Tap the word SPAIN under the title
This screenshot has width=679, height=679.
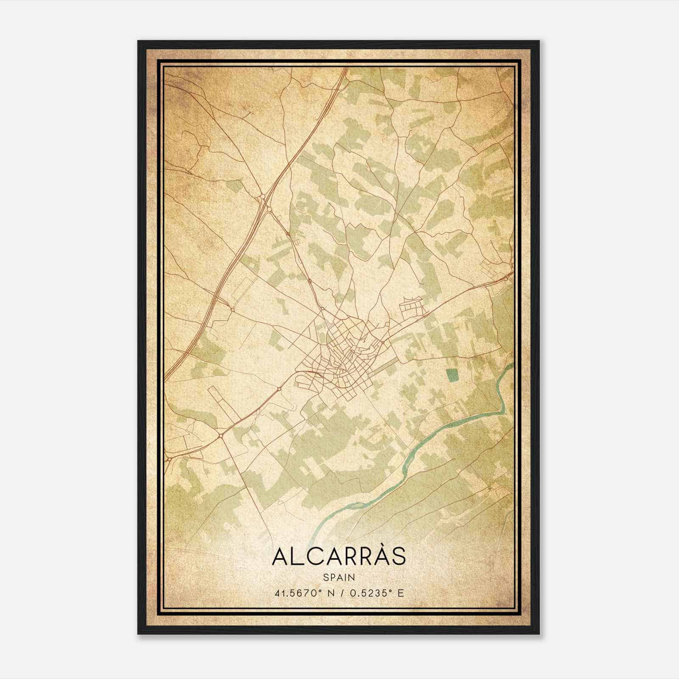(339, 577)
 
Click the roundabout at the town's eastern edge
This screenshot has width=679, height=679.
(383, 342)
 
